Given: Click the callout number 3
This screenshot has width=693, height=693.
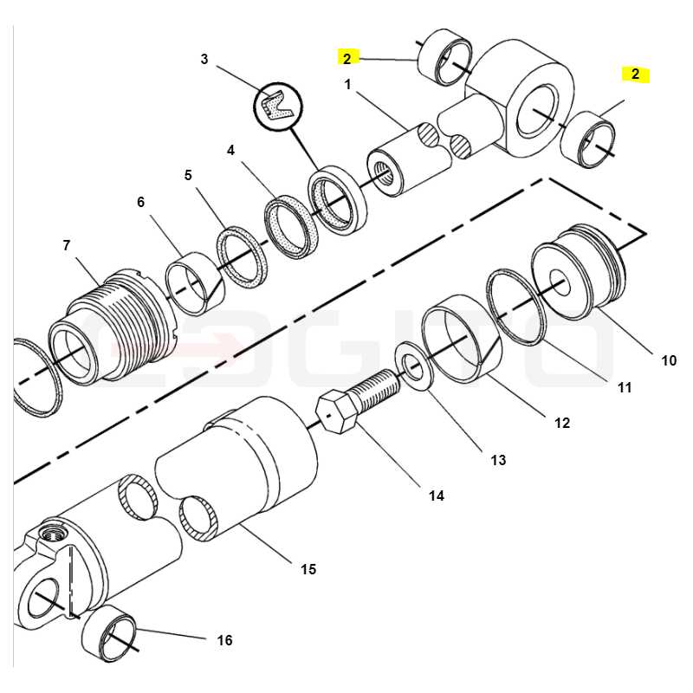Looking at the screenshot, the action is [204, 59].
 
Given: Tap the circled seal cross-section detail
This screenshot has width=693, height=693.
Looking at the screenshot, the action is [277, 107].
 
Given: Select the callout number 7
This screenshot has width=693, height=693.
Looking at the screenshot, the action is [67, 245].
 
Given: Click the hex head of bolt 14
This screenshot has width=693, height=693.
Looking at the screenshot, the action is [337, 411].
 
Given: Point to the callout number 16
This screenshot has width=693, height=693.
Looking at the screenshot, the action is [224, 640].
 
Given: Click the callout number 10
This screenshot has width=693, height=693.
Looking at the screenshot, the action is [669, 360].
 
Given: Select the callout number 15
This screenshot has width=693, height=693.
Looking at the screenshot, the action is [308, 569].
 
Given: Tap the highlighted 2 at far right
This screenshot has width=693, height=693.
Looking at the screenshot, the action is [636, 74].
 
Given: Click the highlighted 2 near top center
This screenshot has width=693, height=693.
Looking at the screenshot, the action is [347, 58].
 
